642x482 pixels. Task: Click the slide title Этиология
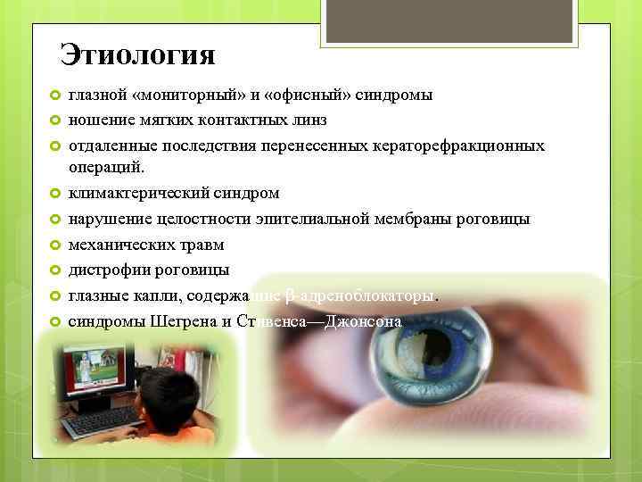click(137, 55)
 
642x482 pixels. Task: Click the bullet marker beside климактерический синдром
click(55, 193)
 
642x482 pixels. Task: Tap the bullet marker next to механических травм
click(55, 245)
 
